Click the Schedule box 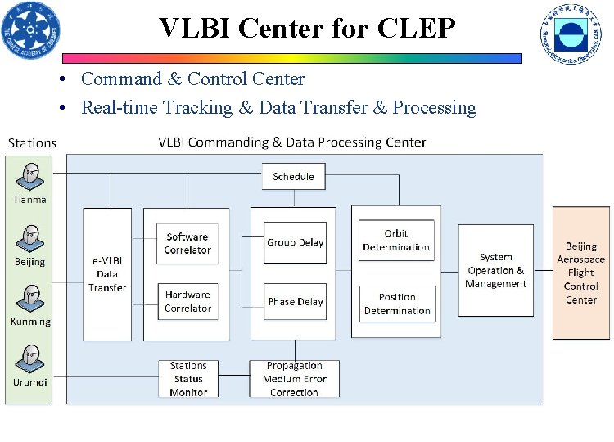coord(293,176)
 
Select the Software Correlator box coord(187,243)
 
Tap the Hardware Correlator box coord(187,301)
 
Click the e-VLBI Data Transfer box coord(107,274)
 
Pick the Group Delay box coord(295,242)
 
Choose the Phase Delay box coord(295,301)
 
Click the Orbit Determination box coord(396,241)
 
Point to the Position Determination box coord(396,304)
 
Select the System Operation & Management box coord(495,270)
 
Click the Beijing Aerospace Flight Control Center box coord(580,273)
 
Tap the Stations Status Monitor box coord(188,379)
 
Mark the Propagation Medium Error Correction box coord(294,379)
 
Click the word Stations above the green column coord(32,143)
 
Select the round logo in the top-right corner coord(570,33)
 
